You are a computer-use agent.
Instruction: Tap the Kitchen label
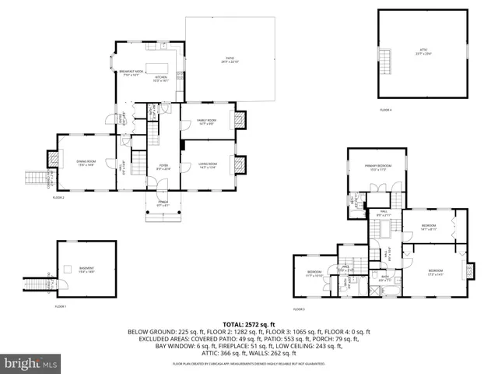tap(160, 79)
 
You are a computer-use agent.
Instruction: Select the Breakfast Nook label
tap(131, 73)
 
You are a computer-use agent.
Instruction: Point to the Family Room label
tap(206, 121)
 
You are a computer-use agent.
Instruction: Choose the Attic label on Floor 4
tap(422, 53)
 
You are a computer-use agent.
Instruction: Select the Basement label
tap(87, 270)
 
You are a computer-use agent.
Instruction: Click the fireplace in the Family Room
tap(240, 120)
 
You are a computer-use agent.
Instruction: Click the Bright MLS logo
tap(31, 363)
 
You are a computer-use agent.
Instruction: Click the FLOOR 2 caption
tap(58, 198)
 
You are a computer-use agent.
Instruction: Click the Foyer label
tap(163, 167)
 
